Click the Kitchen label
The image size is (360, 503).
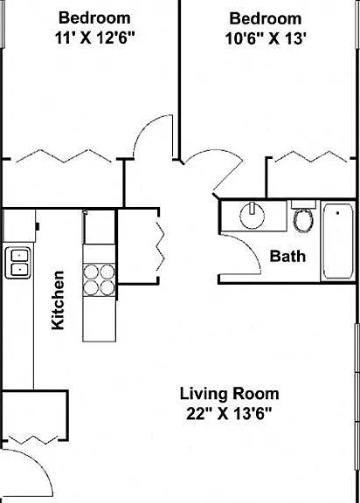click(58, 300)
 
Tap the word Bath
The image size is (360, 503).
click(287, 256)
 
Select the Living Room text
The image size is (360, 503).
click(229, 394)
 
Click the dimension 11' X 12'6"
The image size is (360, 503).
click(94, 38)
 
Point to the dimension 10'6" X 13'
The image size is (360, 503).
click(265, 38)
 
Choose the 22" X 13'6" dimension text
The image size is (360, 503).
click(229, 414)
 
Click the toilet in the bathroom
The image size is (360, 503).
click(304, 219)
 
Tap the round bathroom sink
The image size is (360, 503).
click(253, 215)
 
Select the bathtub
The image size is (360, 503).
click(338, 241)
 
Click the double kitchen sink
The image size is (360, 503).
click(18, 263)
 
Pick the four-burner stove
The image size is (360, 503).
click(99, 279)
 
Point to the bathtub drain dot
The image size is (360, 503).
click(337, 213)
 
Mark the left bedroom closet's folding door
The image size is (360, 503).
click(64, 156)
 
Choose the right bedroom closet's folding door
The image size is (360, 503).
click(311, 156)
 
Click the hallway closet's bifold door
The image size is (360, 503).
click(161, 246)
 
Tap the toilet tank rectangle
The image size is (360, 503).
click(303, 204)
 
